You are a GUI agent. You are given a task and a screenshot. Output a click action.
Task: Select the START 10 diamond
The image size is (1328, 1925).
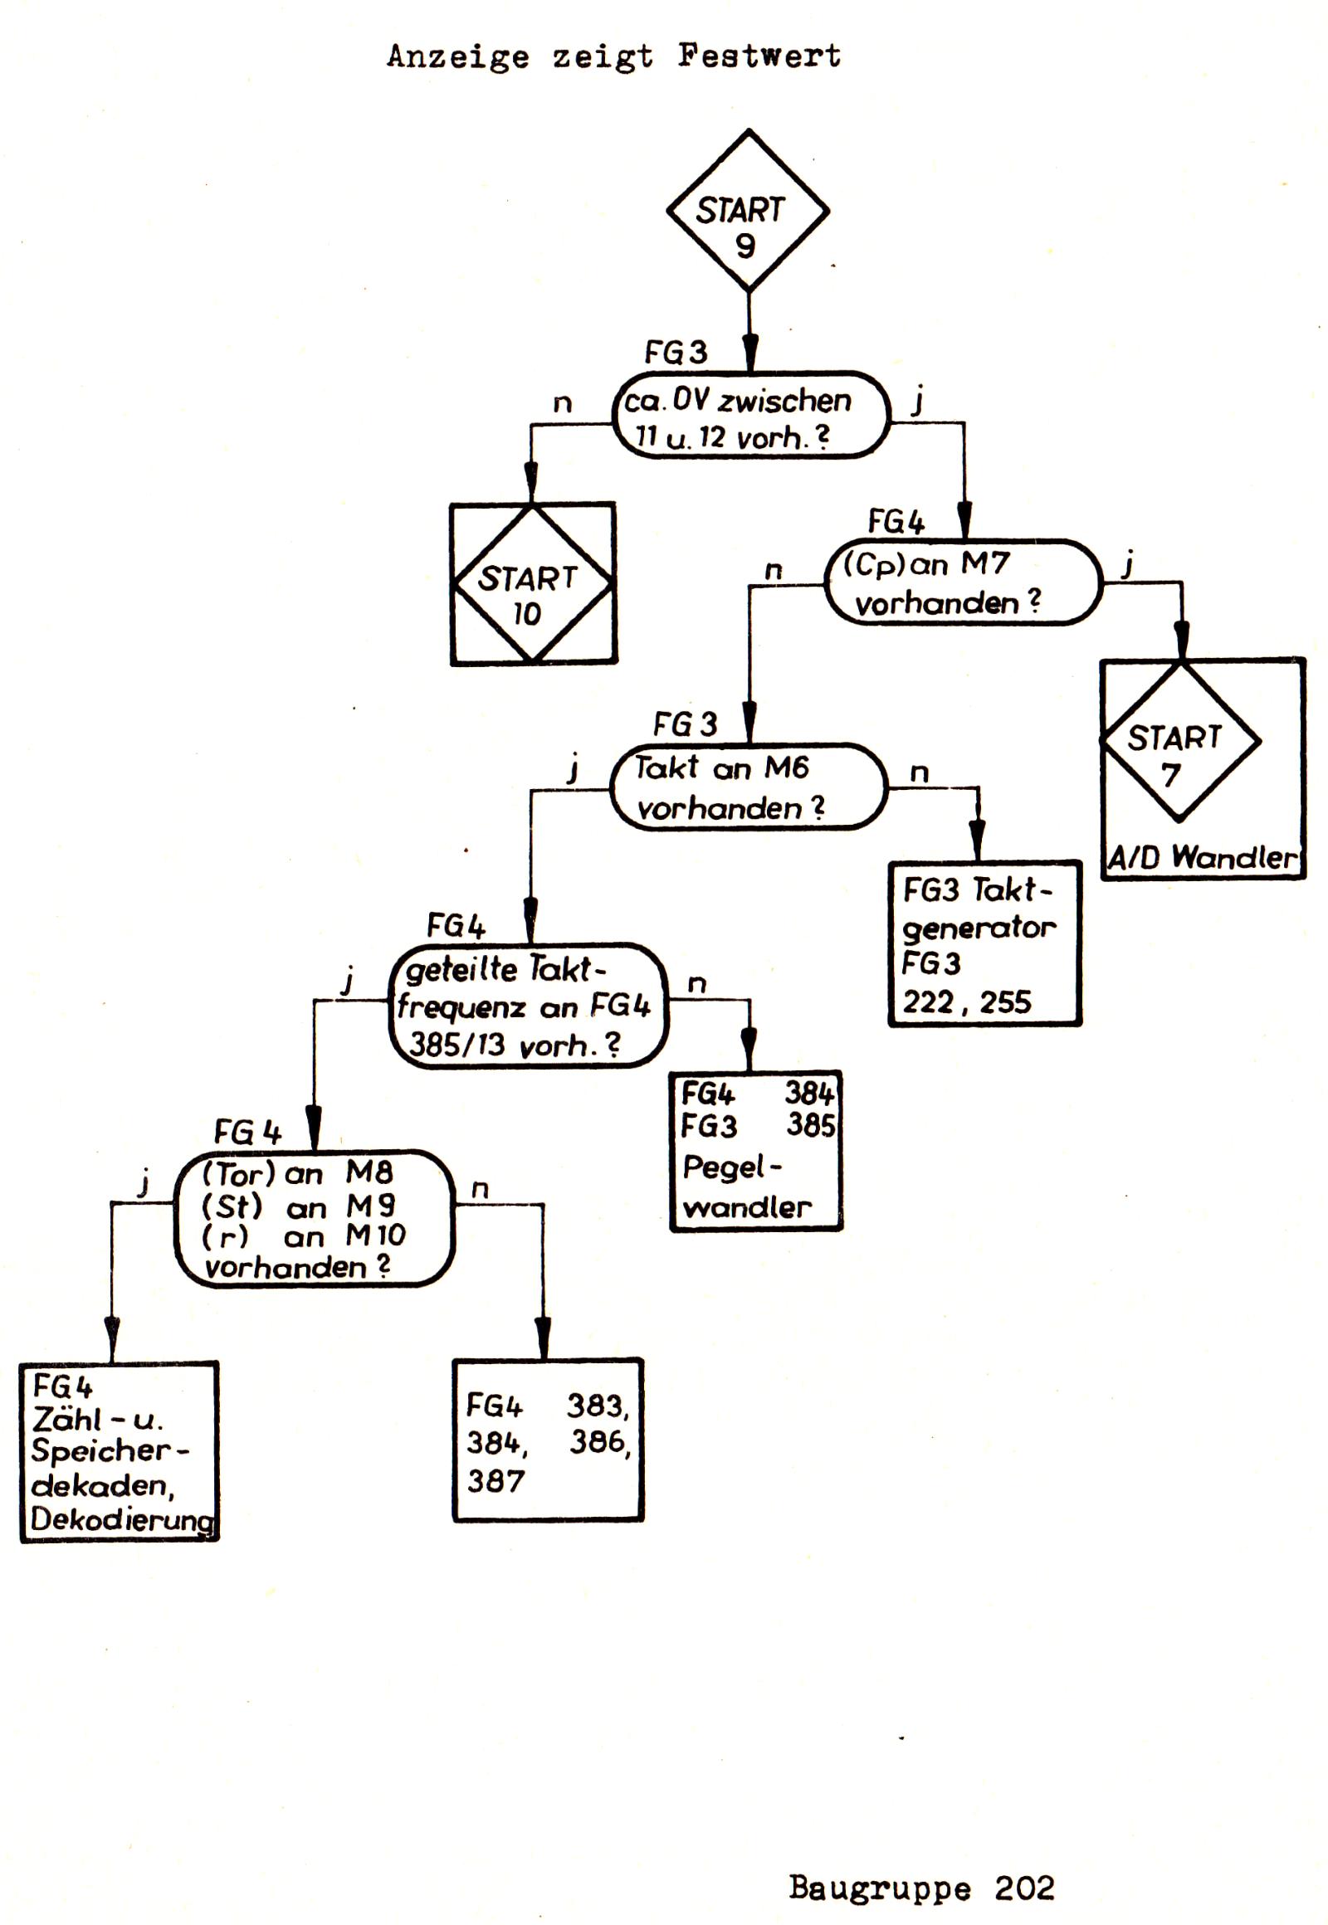pyautogui.click(x=533, y=584)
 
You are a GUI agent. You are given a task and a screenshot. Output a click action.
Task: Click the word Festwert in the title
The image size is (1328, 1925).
pyautogui.click(x=759, y=56)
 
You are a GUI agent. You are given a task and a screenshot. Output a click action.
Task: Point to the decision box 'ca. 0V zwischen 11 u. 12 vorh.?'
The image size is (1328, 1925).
pyautogui.click(x=750, y=415)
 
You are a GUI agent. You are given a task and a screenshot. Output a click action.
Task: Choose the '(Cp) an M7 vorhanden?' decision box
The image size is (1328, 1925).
pyautogui.click(x=963, y=582)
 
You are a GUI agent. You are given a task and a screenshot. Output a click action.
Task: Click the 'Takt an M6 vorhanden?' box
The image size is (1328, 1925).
pyautogui.click(x=748, y=786)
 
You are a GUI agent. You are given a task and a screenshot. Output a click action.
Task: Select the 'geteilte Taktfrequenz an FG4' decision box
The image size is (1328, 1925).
pyautogui.click(x=529, y=1005)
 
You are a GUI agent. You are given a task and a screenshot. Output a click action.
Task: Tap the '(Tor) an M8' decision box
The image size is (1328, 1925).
pyautogui.click(x=314, y=1218)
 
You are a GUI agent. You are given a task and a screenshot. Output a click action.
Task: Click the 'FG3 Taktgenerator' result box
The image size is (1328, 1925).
pyautogui.click(x=984, y=943)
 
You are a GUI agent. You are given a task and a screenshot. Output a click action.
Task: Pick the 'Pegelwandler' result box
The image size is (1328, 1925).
pyautogui.click(x=755, y=1151)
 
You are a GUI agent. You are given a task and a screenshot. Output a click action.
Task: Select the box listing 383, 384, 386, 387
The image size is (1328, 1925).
pyautogui.click(x=548, y=1440)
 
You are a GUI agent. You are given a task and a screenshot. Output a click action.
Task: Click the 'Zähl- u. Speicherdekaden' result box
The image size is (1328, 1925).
pyautogui.click(x=119, y=1452)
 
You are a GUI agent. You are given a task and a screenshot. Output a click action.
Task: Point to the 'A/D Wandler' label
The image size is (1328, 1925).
pyautogui.click(x=1202, y=857)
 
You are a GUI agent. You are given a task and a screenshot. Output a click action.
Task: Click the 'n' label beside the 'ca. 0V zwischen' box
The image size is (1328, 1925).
pyautogui.click(x=563, y=403)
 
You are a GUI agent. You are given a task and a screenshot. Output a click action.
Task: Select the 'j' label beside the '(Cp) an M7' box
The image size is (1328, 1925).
pyautogui.click(x=1127, y=567)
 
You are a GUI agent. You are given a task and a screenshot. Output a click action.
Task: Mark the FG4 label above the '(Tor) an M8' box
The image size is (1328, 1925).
pyautogui.click(x=247, y=1133)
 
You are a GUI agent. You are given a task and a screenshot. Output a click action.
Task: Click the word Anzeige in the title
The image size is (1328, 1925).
pyautogui.click(x=457, y=56)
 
